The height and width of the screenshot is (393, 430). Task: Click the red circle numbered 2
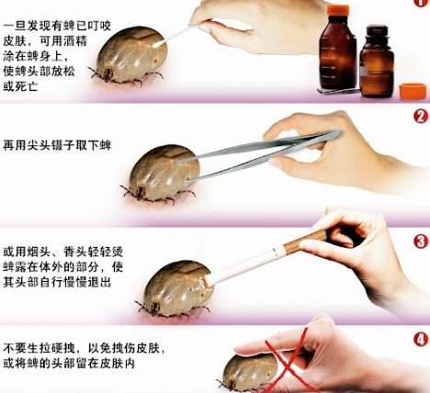tap(419, 117)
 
